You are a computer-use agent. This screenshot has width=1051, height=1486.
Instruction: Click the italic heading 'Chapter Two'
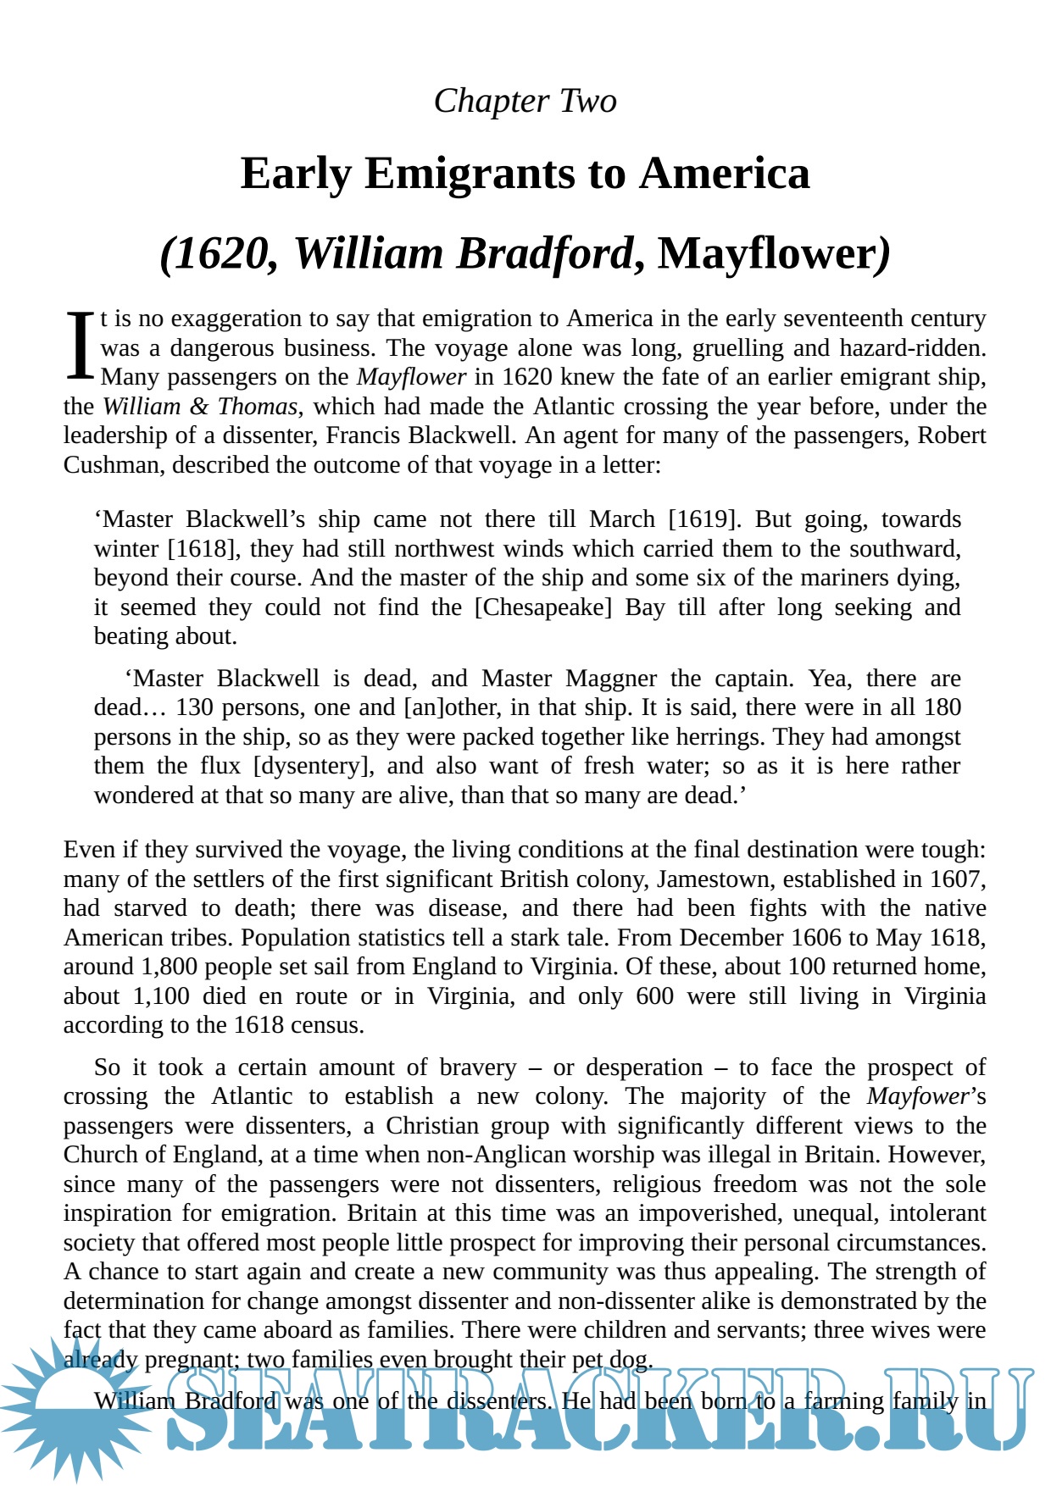pos(525,101)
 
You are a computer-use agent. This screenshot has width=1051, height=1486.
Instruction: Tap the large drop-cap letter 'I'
pos(80,346)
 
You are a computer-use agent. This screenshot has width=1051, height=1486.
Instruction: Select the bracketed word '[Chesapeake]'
pos(542,607)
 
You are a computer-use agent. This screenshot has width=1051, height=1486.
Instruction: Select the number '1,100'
pos(161,996)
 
